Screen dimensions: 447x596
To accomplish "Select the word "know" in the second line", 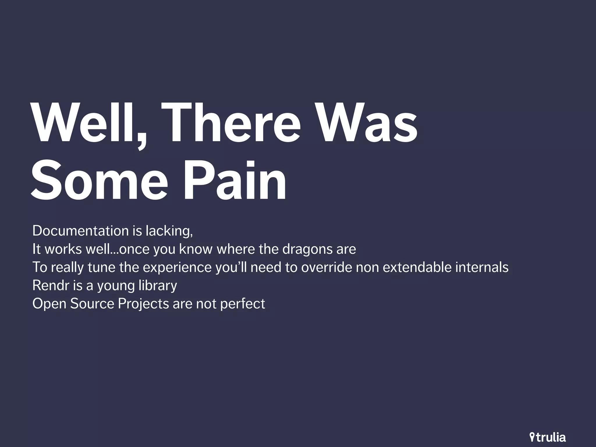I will (x=196, y=249).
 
